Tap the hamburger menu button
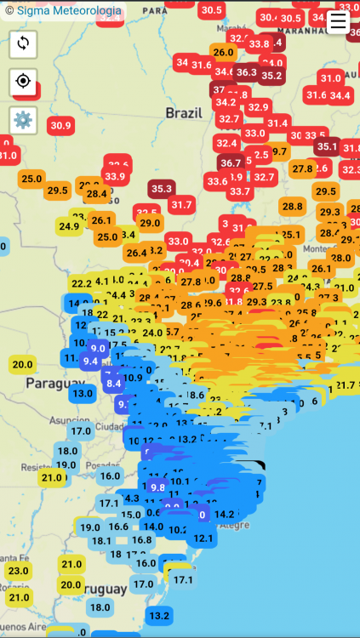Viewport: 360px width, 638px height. pos(338,21)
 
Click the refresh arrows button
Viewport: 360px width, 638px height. pos(23,44)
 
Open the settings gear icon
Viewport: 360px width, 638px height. pos(23,120)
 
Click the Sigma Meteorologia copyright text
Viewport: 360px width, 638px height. pos(64,12)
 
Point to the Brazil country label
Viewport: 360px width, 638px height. pos(184,112)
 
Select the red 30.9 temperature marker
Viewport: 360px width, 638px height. pos(60,125)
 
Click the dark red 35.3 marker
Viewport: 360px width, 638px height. pos(161,188)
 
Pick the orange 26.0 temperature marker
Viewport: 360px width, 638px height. pos(223,52)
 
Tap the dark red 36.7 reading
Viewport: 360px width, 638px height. pos(230,162)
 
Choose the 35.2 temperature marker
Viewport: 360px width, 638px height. pos(271,75)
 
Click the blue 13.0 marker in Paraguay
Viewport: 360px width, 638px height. pos(83,393)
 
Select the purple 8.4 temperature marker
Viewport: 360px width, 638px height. pos(113,384)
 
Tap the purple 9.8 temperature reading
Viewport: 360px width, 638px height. pos(157,487)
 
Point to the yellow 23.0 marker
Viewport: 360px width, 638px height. pos(18,571)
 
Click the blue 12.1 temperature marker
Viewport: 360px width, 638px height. pos(203,538)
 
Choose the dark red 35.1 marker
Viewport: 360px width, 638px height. pos(326,146)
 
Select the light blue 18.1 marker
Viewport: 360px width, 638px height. pos(100,541)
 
